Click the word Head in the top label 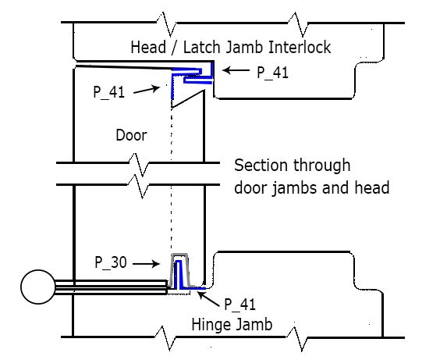(x=148, y=47)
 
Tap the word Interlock (x=300, y=47)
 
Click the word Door (x=131, y=135)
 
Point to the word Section (x=261, y=166)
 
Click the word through (x=322, y=166)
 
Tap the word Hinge (x=210, y=325)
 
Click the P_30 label (x=111, y=262)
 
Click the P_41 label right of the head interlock (x=272, y=73)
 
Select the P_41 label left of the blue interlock (x=109, y=92)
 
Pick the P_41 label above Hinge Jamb (x=239, y=304)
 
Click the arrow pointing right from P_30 (x=146, y=264)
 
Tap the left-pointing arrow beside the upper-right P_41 (x=236, y=70)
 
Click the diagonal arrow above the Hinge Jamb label (x=208, y=300)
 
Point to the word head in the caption (x=372, y=188)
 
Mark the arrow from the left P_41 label (x=147, y=90)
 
